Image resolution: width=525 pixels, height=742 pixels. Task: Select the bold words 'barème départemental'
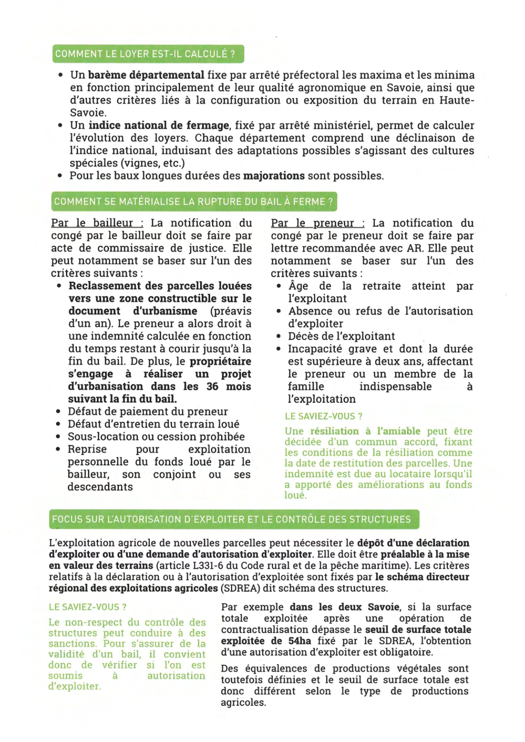click(146, 75)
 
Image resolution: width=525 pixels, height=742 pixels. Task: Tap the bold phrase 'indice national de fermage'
click(159, 126)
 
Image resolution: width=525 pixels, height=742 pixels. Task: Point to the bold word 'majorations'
click(274, 176)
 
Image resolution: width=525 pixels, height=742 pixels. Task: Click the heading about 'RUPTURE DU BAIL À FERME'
click(193, 202)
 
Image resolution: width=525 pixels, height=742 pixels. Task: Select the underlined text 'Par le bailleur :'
click(97, 223)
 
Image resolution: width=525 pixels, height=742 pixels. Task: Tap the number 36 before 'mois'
click(212, 387)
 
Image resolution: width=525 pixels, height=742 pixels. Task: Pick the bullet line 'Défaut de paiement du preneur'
click(148, 412)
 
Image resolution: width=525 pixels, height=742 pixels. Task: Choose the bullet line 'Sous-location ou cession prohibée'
click(156, 437)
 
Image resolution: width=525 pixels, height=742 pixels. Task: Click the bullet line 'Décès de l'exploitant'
click(341, 336)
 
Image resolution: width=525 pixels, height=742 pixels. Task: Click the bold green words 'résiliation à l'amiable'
click(365, 431)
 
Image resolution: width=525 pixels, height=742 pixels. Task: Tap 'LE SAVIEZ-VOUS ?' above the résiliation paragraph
click(323, 416)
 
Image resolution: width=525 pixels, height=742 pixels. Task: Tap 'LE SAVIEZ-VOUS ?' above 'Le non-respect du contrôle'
click(88, 607)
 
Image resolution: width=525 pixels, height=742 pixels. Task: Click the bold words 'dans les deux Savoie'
click(344, 607)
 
